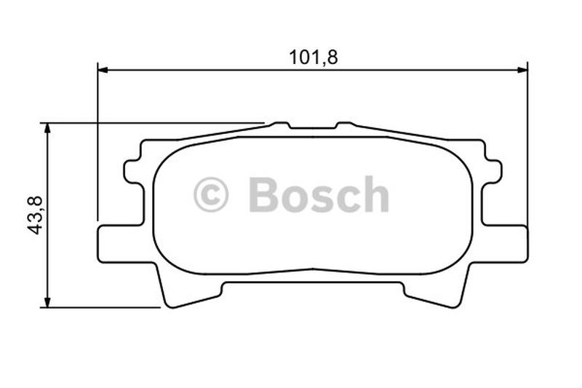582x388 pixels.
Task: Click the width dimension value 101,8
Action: [314, 58]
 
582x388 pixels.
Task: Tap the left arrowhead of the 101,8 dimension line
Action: [103, 70]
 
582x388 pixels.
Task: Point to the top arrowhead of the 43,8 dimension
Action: [47, 128]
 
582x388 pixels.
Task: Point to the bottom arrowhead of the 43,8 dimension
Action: [47, 301]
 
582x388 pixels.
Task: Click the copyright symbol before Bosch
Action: [211, 195]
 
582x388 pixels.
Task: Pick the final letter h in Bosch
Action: [375, 195]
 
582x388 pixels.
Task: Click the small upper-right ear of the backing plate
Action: [494, 172]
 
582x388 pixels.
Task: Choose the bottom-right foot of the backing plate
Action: [436, 294]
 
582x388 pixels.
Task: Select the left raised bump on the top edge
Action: [279, 125]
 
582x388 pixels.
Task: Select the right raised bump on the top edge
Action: [345, 125]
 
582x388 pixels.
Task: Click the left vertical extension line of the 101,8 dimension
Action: [97, 146]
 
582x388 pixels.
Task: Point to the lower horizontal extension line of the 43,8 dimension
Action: [102, 307]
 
